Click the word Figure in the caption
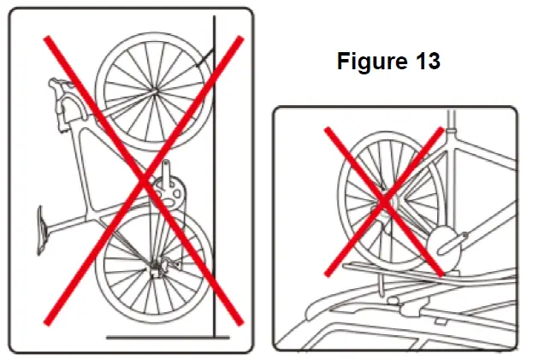(x=372, y=61)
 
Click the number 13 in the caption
(x=428, y=61)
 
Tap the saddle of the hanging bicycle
(x=42, y=229)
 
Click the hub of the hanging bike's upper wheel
(x=155, y=91)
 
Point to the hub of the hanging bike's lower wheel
(x=156, y=268)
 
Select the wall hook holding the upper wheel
(x=204, y=58)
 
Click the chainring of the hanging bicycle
(x=169, y=192)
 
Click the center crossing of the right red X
(x=384, y=202)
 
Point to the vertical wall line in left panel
(x=214, y=177)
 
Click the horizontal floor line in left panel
(x=168, y=337)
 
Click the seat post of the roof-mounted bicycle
(x=452, y=120)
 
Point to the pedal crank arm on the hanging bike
(x=166, y=173)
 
